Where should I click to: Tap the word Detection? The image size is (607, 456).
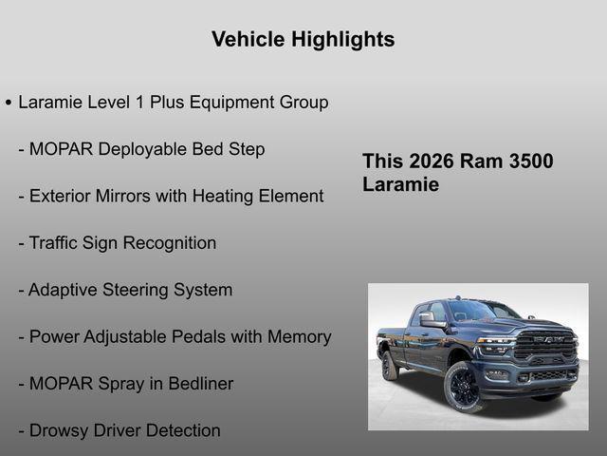tap(177, 430)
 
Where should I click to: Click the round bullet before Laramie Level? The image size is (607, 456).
tap(9, 103)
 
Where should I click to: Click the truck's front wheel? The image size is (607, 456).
tap(464, 387)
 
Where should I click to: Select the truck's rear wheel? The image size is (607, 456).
tap(389, 366)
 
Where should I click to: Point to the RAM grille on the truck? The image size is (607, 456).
tap(543, 344)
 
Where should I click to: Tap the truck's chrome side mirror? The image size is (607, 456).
tap(432, 321)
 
